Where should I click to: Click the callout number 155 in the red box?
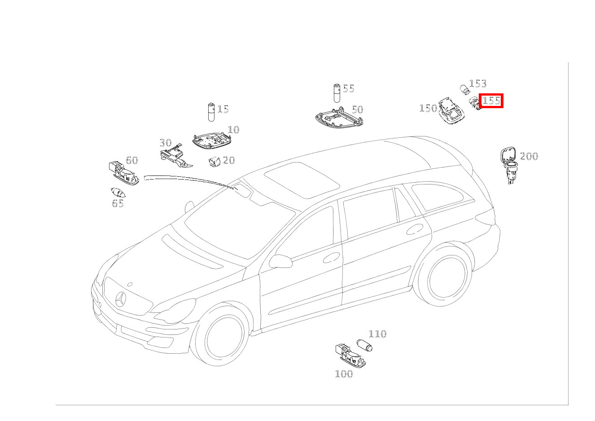tap(491, 101)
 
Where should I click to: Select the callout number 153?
tap(478, 83)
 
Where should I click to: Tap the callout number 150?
tap(428, 108)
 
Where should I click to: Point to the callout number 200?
tap(529, 156)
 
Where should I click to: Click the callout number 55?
tap(349, 88)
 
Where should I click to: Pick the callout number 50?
tap(358, 110)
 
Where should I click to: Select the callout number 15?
tap(223, 109)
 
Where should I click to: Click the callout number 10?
tap(233, 130)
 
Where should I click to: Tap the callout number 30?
tap(166, 143)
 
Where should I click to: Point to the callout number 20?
tap(229, 160)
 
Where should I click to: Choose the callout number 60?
tap(132, 160)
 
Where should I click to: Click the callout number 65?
tap(118, 203)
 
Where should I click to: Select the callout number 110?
tap(377, 334)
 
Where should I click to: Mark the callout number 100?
tap(344, 374)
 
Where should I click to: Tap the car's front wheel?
tap(220, 336)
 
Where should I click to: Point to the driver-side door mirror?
tap(280, 261)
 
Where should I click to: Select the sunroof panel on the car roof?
tap(302, 180)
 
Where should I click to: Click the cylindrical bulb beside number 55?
tap(337, 93)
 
